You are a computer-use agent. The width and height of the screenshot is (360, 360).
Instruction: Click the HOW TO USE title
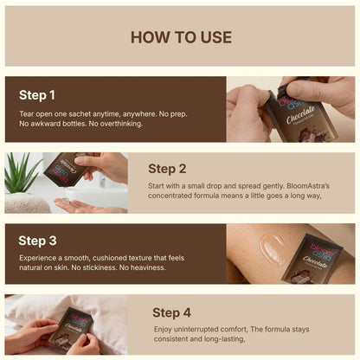click(181, 37)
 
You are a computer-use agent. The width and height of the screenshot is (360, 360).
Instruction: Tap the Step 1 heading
click(37, 95)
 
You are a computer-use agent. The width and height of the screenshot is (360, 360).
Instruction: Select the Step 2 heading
click(167, 169)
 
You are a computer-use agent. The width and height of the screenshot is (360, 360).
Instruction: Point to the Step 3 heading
click(37, 241)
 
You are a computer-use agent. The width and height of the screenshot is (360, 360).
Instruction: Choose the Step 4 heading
click(171, 312)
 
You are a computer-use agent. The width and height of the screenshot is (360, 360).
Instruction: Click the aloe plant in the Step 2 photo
click(20, 175)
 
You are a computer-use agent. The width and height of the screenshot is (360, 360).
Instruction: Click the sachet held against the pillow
click(72, 331)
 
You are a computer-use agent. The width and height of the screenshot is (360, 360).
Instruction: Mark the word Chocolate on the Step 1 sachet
click(300, 115)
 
